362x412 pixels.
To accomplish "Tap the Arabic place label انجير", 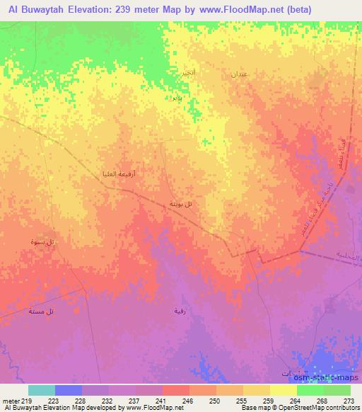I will (x=180, y=73).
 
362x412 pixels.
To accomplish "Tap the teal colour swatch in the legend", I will (x=42, y=390).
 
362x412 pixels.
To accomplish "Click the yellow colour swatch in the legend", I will (x=284, y=390).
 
